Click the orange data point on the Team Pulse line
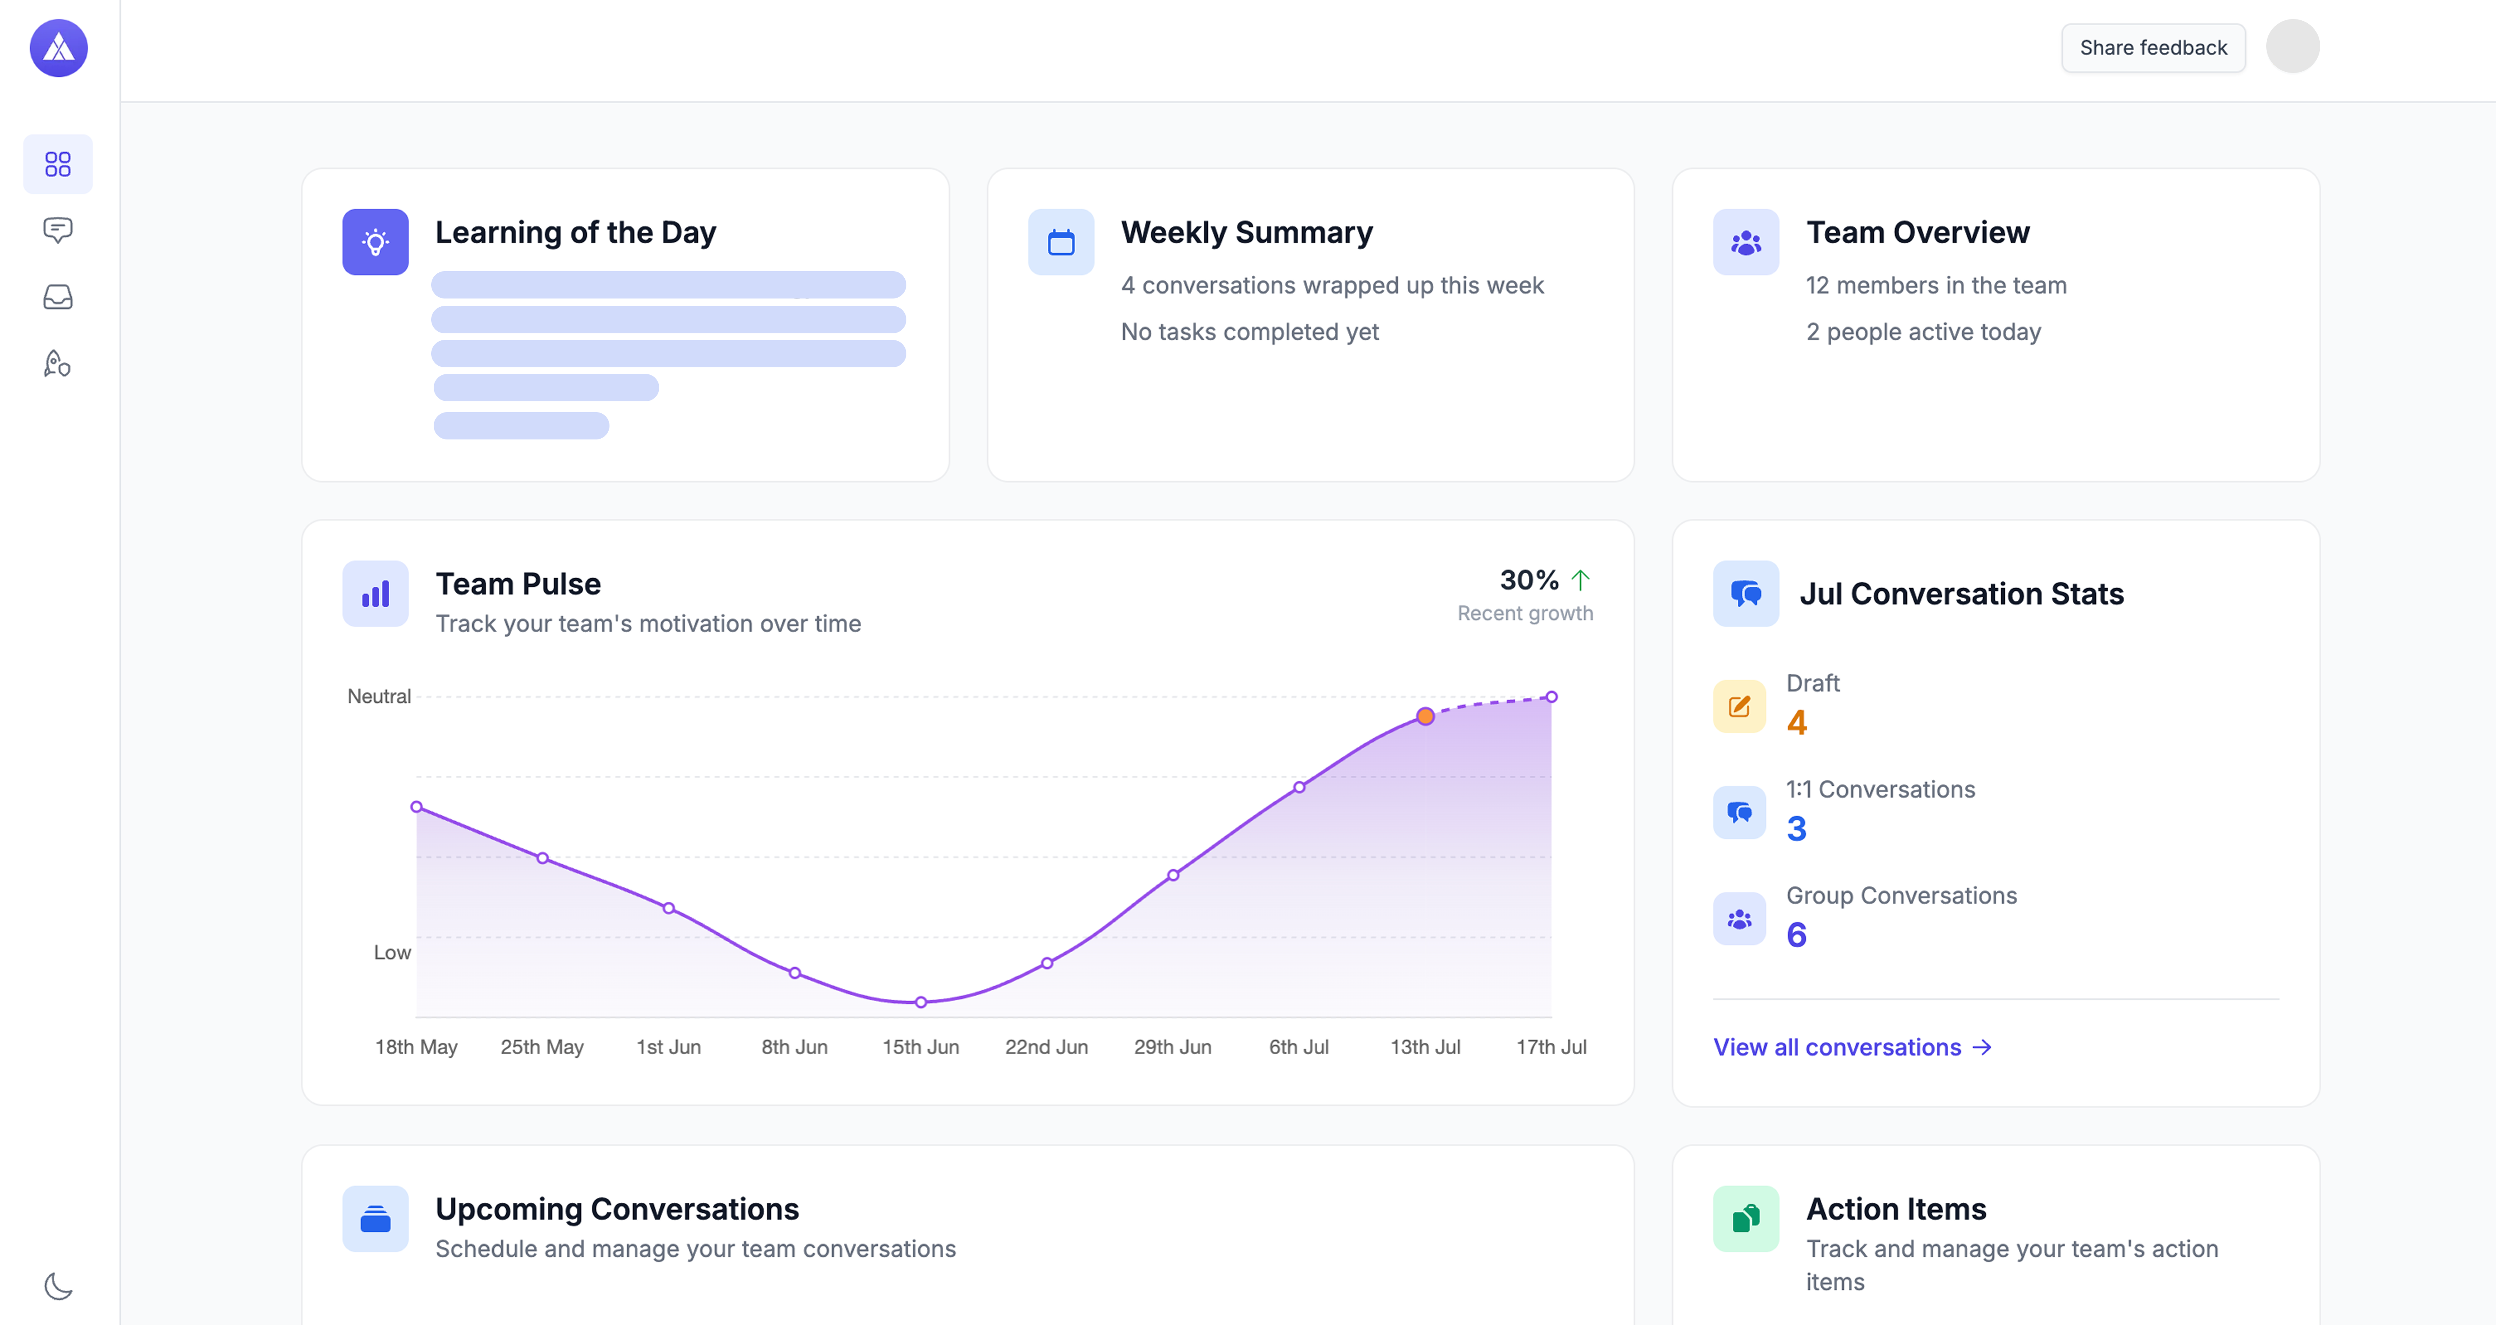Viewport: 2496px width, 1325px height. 1424,717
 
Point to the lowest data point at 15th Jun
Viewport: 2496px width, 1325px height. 920,1002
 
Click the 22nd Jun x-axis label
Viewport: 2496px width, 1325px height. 1046,1047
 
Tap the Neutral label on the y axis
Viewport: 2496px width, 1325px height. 379,696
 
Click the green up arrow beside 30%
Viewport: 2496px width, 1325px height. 1581,580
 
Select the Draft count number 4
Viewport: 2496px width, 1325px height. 1797,723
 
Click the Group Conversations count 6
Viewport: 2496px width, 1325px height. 1797,934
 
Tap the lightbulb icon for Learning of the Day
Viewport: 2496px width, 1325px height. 375,242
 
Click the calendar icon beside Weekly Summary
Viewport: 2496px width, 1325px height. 1061,242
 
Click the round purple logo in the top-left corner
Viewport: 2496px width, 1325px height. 58,47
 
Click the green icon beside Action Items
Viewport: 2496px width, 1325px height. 1745,1218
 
